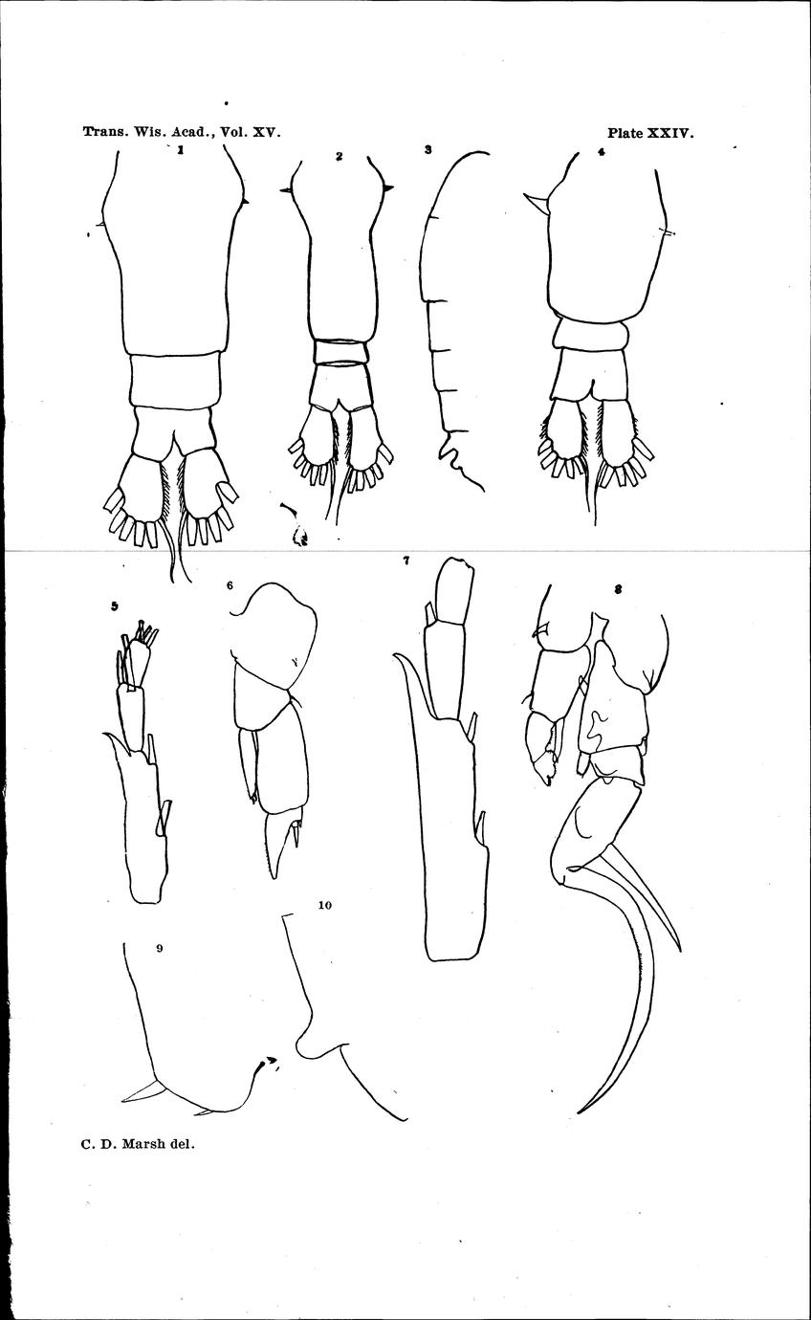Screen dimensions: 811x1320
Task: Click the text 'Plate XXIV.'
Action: [x=651, y=133]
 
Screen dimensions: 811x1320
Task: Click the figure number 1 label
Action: [x=182, y=149]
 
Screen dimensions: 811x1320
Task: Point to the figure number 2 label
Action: [x=339, y=156]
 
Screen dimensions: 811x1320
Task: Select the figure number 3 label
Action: [x=427, y=149]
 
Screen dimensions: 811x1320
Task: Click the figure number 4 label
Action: [x=601, y=151]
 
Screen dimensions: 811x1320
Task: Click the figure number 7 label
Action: [x=406, y=561]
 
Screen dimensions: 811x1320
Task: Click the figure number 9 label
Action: [x=160, y=948]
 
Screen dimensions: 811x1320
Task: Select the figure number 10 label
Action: [x=325, y=905]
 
